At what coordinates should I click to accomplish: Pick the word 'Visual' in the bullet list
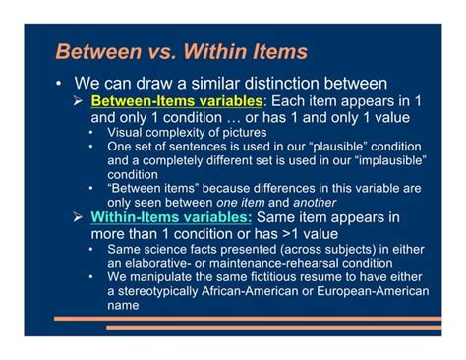click(128, 132)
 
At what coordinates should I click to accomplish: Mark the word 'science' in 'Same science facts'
click(173, 249)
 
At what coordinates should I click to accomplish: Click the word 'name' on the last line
click(124, 305)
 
